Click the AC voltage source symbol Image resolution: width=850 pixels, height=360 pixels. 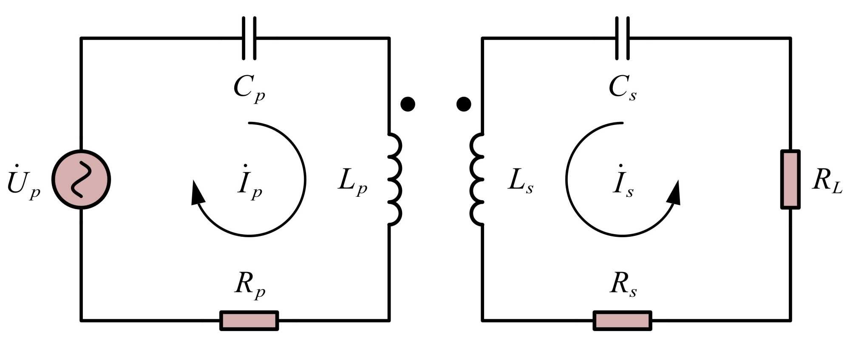point(81,179)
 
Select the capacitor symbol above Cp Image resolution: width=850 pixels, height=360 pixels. point(249,38)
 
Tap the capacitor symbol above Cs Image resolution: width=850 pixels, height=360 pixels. point(623,38)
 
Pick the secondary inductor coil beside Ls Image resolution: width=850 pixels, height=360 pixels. point(477,179)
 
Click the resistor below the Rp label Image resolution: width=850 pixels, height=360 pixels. point(249,320)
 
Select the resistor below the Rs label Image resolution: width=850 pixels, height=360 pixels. point(623,320)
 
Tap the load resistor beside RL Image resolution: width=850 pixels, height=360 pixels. point(790,179)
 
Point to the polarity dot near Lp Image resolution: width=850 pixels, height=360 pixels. point(408,104)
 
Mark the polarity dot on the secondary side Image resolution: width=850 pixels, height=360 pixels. point(463,104)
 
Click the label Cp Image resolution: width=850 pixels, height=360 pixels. point(249,88)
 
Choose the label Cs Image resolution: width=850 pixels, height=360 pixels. point(623,88)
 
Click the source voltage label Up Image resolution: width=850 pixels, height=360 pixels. point(24,182)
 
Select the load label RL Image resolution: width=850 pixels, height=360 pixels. point(827,181)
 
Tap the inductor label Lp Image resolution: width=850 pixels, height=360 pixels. point(352,182)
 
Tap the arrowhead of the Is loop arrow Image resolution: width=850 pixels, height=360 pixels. point(675,193)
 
